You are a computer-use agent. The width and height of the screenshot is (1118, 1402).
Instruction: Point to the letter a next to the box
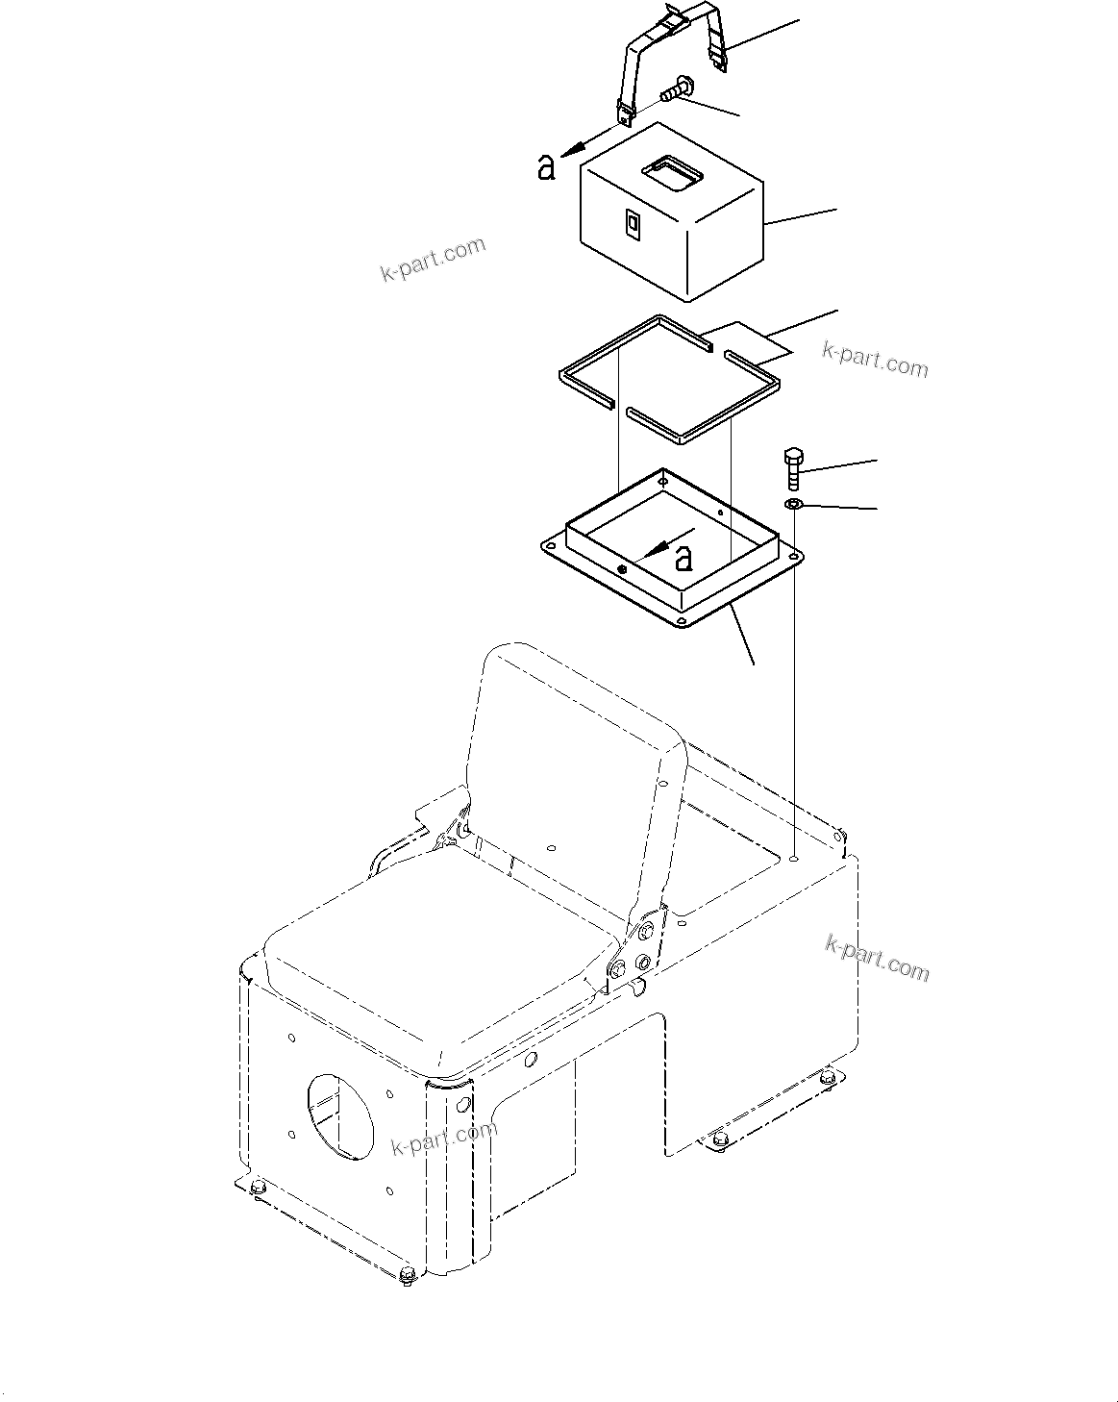546,167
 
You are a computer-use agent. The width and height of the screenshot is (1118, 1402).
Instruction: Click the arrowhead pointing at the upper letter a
571,148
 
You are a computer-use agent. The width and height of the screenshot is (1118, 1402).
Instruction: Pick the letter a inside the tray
683,557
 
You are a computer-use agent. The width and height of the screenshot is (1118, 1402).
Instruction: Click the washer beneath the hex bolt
794,505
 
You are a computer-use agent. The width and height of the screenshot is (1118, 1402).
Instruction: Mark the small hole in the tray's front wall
623,570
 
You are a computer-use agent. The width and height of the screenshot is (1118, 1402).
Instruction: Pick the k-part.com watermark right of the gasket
875,360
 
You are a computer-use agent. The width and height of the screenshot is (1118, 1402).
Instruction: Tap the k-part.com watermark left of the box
433,259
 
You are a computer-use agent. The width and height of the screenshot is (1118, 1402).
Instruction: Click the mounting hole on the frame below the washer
794,855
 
